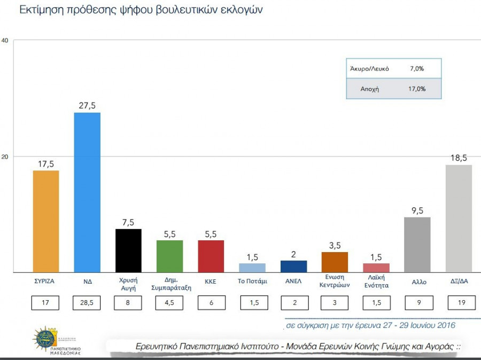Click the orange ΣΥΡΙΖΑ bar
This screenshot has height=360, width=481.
pos(46,221)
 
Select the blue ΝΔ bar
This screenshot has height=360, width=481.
pos(87,192)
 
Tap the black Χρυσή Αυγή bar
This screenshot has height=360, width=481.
pos(128,251)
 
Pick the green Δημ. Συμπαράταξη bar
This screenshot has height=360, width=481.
pos(169,256)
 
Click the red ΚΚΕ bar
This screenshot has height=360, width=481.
pos(211,256)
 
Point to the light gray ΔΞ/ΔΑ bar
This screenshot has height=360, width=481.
pos(459,218)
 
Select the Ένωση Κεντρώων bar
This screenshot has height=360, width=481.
pos(335,262)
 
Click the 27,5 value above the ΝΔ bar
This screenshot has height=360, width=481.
pos(87,106)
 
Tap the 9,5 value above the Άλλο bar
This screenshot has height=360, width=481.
pos(417,210)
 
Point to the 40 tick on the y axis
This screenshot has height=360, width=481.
pos(5,41)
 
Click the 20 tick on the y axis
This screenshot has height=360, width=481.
pos(5,156)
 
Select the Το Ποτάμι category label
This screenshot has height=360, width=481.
pos(252,280)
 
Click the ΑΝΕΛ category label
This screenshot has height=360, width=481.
pos(293,280)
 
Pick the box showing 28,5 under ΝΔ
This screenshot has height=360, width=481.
pos(87,303)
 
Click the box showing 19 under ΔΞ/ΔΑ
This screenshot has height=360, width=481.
pos(459,303)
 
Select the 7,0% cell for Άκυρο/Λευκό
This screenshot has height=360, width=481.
pos(417,69)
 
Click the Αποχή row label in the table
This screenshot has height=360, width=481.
pos(370,89)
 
